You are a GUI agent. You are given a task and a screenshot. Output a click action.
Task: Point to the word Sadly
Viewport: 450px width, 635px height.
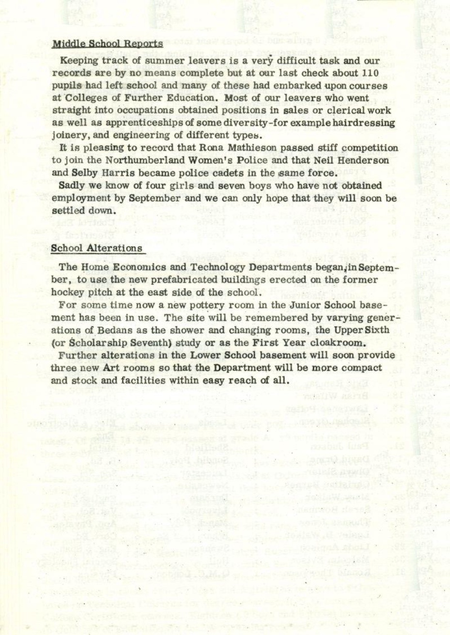(72, 186)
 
